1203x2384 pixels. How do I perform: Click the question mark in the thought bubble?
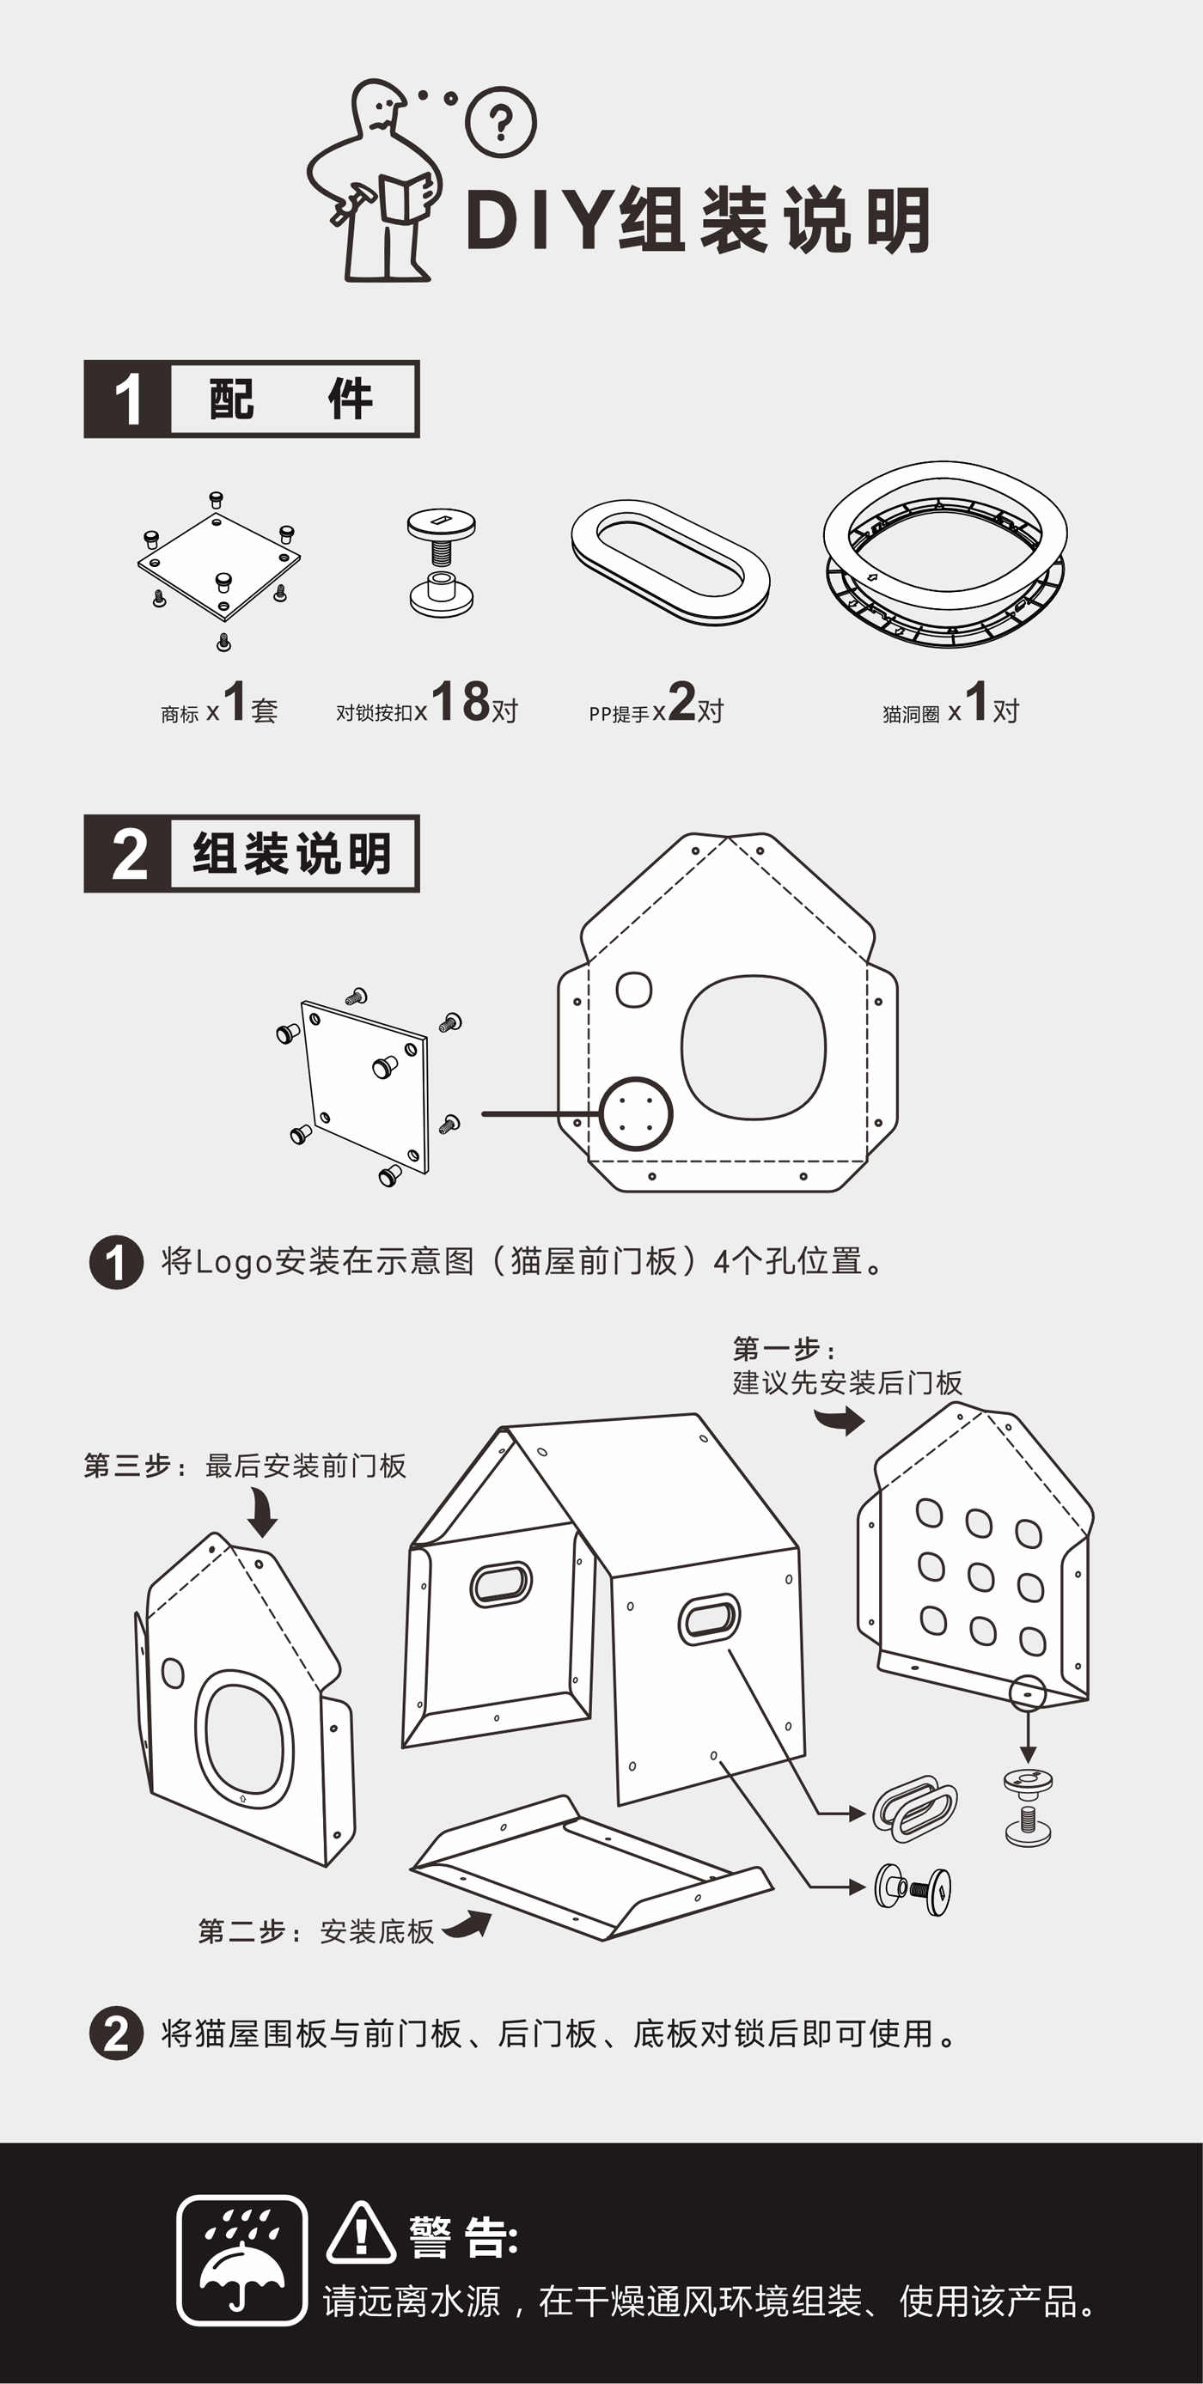(501, 121)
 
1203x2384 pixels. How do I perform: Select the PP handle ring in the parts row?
(670, 561)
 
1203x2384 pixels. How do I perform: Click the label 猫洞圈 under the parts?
(911, 714)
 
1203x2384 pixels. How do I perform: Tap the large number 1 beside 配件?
(128, 399)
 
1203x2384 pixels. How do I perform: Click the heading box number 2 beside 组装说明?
(129, 854)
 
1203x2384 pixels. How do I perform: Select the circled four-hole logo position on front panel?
(635, 1113)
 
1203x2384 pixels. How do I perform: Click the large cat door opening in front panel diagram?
(754, 1047)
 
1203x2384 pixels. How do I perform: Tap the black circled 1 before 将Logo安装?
(116, 1262)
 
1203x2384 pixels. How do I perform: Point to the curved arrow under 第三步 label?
(263, 1513)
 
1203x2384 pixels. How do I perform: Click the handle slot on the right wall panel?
(709, 1619)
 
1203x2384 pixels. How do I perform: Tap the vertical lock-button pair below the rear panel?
(1027, 1807)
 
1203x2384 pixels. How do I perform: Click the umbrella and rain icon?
(241, 2259)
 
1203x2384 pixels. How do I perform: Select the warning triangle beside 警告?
(361, 2233)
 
